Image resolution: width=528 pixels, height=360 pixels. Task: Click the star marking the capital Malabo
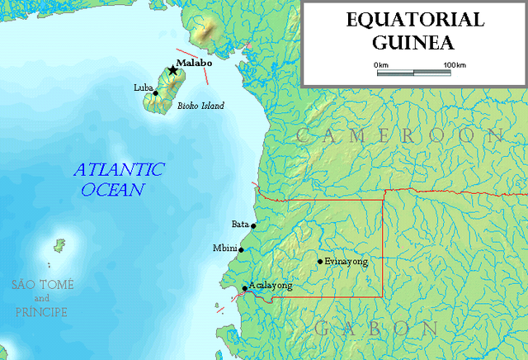[172, 70]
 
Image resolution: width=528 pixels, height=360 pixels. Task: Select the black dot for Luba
[155, 92]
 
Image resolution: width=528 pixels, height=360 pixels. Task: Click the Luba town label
[142, 87]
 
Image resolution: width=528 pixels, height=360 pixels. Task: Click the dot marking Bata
[253, 225]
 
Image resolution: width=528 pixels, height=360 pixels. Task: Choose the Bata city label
[240, 223]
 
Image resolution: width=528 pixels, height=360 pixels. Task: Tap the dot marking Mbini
[241, 249]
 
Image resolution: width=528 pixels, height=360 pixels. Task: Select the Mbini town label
[224, 248]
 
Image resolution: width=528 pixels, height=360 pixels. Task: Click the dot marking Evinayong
[320, 263]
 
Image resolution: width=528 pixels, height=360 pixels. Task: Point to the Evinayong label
[346, 260]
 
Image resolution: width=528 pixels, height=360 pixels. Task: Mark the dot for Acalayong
[244, 289]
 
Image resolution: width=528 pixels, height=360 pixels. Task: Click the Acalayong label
[271, 286]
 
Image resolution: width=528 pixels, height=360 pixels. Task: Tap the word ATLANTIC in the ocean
[118, 171]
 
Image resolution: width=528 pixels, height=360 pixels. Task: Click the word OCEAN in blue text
[113, 190]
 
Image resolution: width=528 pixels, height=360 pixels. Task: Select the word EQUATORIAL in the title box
[413, 20]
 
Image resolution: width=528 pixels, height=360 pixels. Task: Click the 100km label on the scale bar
[454, 64]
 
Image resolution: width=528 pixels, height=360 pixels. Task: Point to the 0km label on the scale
[381, 64]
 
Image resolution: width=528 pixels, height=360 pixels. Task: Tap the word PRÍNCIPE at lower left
[41, 312]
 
